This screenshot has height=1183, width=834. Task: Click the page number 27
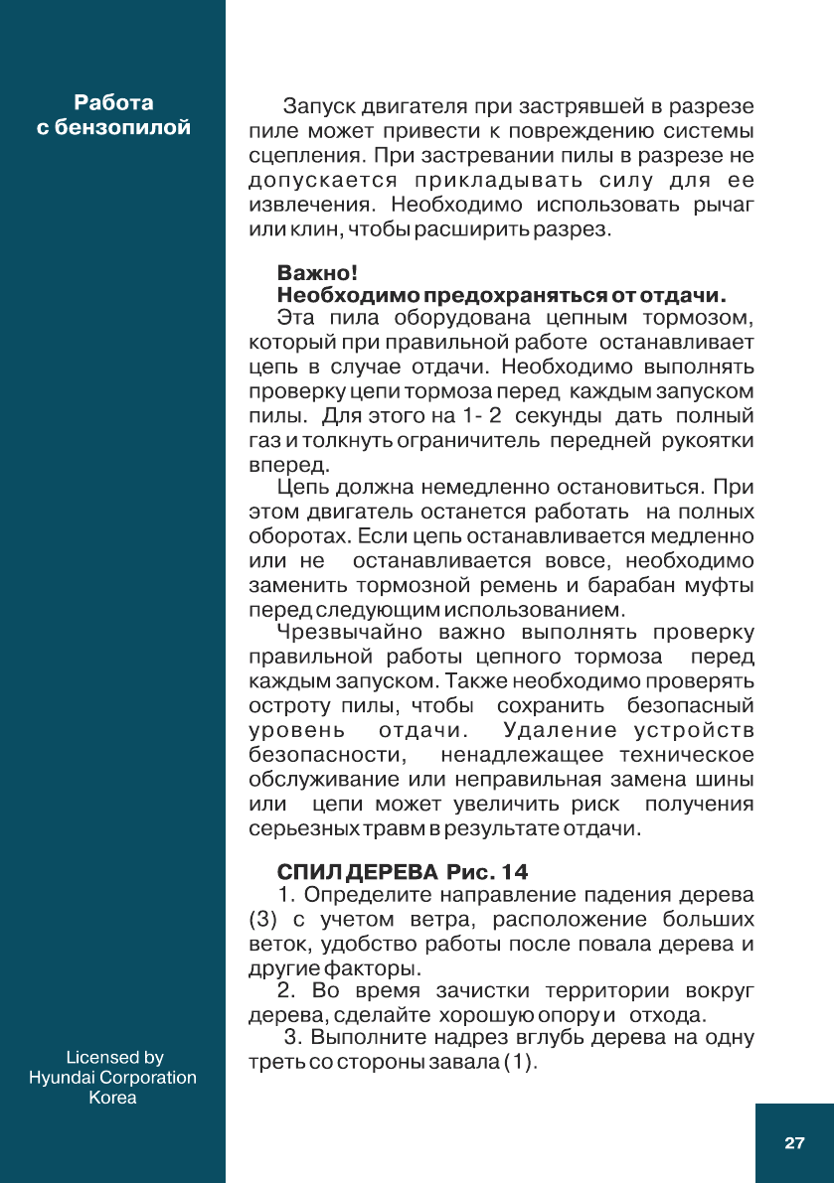point(794,1143)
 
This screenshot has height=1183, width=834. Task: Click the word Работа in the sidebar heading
point(113,103)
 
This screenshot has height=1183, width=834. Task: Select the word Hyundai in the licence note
point(65,1078)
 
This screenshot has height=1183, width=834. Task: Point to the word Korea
point(113,1099)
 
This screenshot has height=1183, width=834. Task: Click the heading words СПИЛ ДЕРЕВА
point(357,872)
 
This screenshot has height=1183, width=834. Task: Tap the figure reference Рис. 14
point(487,872)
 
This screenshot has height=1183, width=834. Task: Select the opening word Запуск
point(319,106)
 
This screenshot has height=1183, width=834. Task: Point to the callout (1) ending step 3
point(520,1063)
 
